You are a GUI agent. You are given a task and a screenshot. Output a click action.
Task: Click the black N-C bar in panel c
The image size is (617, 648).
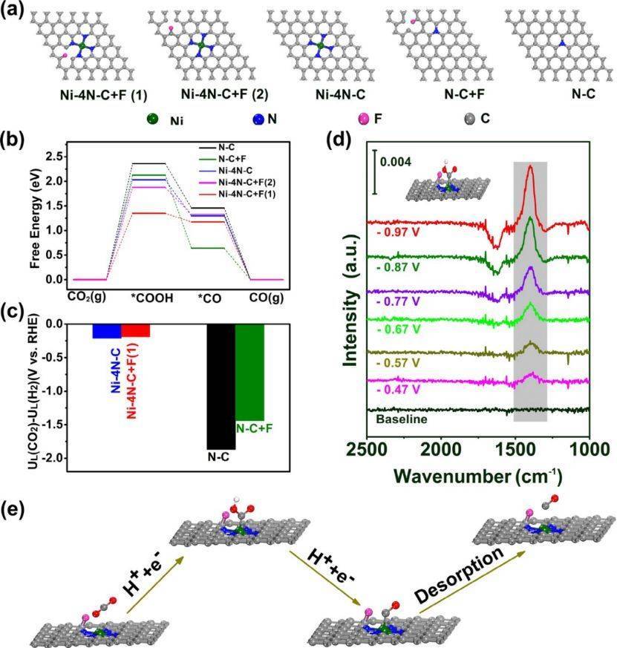221,386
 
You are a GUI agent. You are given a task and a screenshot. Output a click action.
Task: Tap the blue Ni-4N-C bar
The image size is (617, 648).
107,331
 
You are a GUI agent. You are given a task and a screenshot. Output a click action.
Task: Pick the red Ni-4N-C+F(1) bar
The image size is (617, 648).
136,330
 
